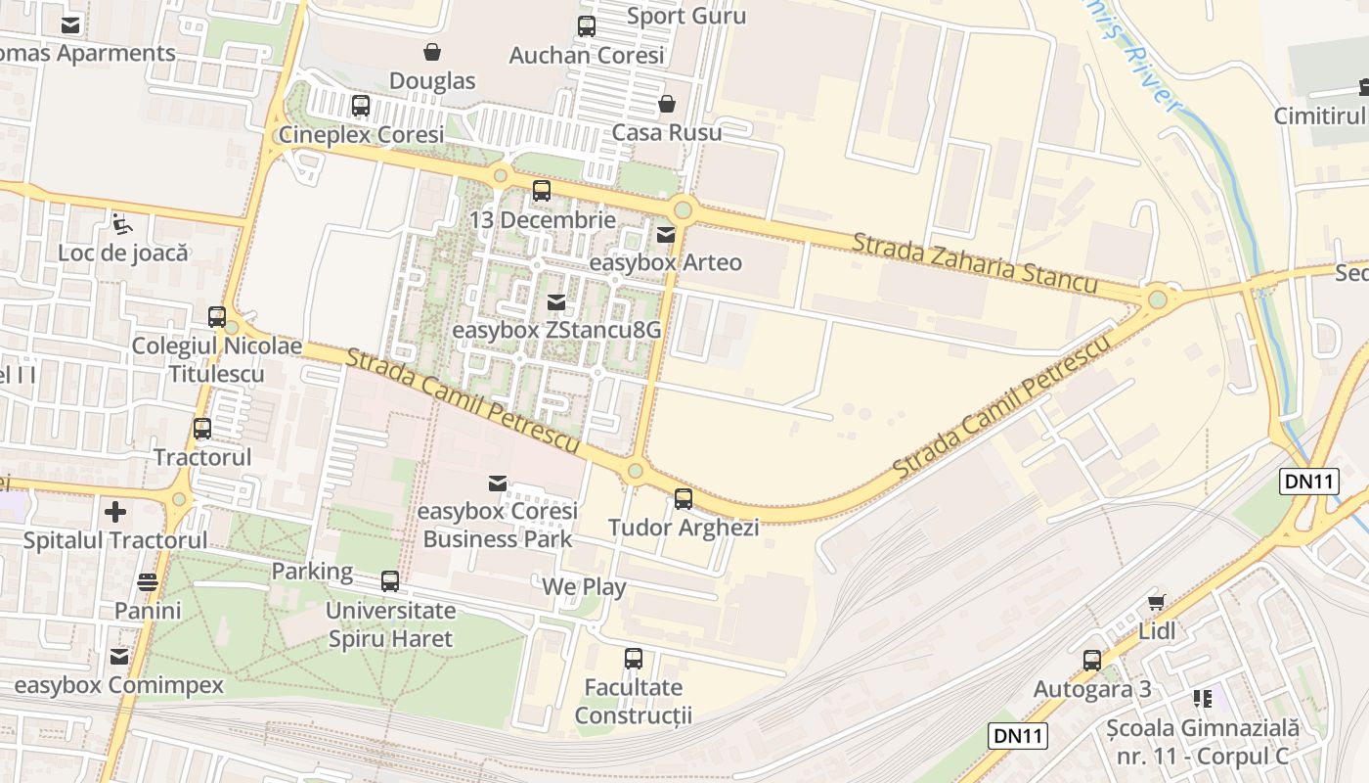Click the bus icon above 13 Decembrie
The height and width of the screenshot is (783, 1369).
coord(541,191)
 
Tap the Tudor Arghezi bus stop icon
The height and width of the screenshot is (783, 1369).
coord(684,499)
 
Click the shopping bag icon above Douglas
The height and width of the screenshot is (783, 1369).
coord(431,52)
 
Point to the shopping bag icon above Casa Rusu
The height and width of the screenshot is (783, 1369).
coord(667,104)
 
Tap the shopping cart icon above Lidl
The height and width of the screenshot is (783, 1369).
coord(1157,602)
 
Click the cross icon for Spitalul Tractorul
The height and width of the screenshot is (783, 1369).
coord(115,511)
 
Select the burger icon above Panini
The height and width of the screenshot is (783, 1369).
coord(148,582)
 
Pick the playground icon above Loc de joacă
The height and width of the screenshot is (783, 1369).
coord(121,224)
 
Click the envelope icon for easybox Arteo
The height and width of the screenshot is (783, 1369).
coord(666,235)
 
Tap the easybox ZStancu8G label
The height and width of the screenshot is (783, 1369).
coord(556,331)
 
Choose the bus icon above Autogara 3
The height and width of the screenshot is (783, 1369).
coord(1092,661)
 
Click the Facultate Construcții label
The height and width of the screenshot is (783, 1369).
coord(633,701)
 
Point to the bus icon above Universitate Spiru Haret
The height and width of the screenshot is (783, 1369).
coord(390,581)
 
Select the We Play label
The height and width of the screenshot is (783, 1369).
coord(584,587)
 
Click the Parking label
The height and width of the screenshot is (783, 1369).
coord(312,572)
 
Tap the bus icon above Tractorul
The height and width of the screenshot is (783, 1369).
coord(202,429)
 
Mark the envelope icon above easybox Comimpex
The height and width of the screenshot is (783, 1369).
coord(119,657)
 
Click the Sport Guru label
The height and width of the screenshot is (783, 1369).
coord(685,16)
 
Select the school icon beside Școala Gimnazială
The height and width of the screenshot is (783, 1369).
coord(1202,699)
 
